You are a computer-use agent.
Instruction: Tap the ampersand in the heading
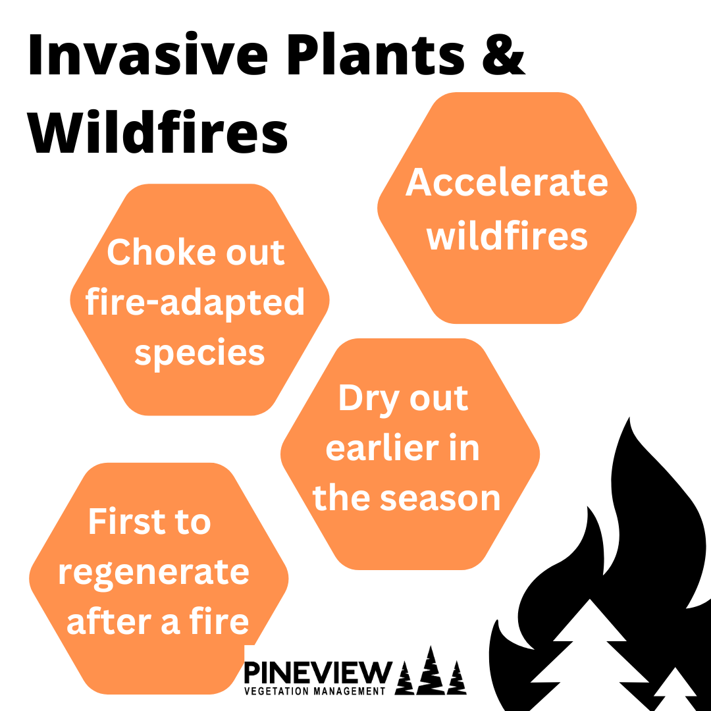(504, 55)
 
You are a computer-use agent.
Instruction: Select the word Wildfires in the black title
(158, 132)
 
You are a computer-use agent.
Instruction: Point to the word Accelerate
(506, 182)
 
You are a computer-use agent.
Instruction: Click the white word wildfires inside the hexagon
(506, 235)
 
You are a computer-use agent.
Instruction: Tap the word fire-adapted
(195, 303)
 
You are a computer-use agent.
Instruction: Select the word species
(199, 354)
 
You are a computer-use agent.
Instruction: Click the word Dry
(368, 399)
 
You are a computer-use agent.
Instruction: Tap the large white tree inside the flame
(589, 653)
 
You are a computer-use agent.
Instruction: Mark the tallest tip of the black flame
(630, 418)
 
